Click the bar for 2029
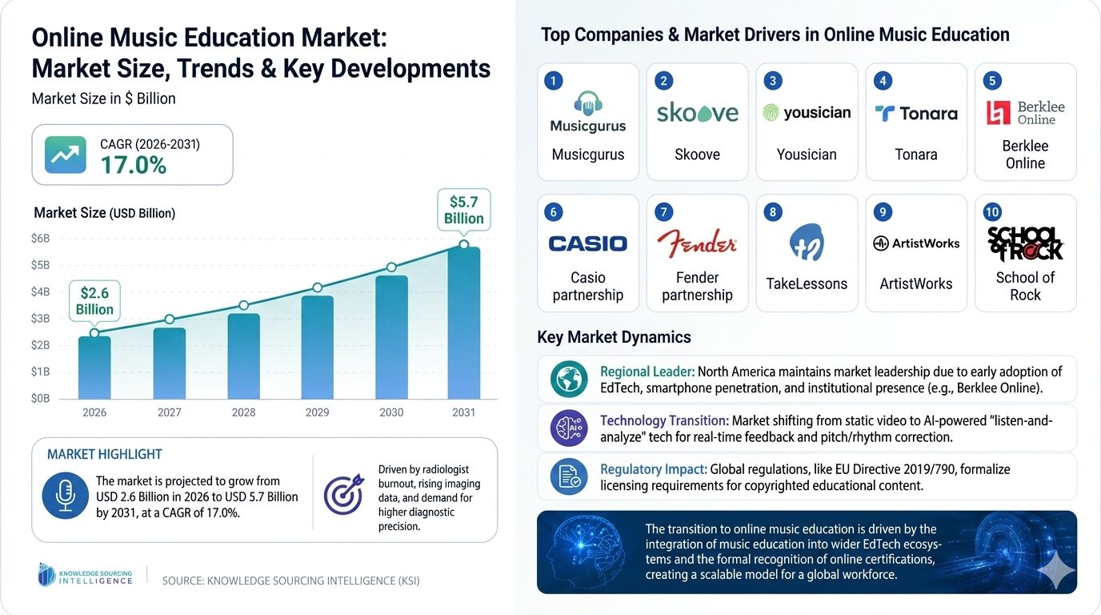click(318, 347)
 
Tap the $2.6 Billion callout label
click(94, 301)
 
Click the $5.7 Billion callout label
click(464, 209)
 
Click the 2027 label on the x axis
click(170, 412)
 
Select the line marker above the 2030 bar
click(391, 267)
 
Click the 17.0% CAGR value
click(133, 165)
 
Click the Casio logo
click(588, 243)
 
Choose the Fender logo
click(697, 242)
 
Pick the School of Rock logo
click(1025, 243)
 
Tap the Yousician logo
click(807, 113)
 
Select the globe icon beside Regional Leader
click(569, 380)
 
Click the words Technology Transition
click(663, 420)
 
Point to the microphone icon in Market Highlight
click(66, 496)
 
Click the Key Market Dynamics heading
click(614, 337)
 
